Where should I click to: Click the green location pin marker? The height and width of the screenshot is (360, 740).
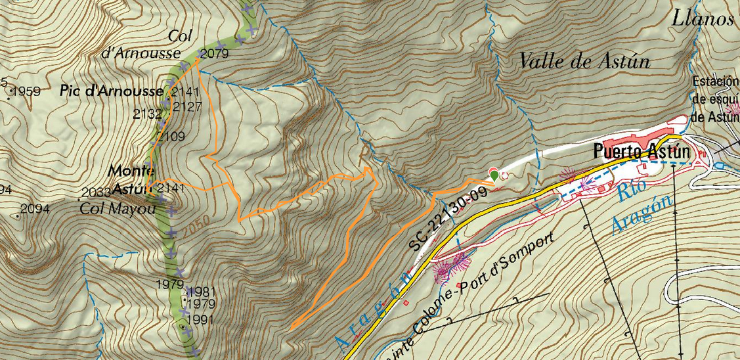pos(494,174)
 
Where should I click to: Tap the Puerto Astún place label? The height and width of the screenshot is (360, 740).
pos(642,152)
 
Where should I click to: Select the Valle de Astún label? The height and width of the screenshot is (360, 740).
pos(584,62)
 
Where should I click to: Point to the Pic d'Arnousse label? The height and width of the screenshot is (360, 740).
pos(112,91)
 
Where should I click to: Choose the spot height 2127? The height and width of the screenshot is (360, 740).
pos(187,106)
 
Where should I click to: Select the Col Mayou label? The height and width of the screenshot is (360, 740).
pos(117,208)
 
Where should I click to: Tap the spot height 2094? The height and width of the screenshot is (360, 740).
pos(35,210)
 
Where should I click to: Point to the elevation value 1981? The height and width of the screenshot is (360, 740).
pos(202,292)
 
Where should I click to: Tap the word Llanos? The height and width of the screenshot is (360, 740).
pos(702,18)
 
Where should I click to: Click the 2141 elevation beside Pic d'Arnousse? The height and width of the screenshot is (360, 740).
pos(186,91)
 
